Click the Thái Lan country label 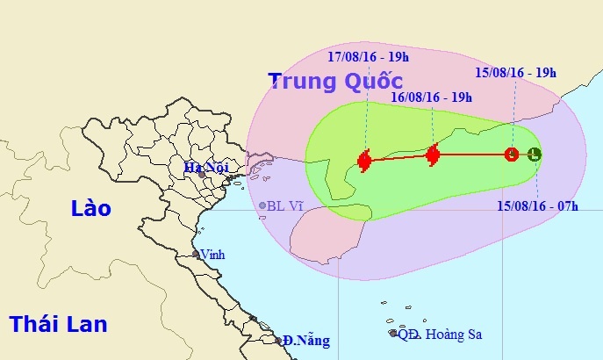pos(58,324)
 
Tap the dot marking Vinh pos(197,255)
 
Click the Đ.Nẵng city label pos(298,340)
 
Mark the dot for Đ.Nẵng pos(278,339)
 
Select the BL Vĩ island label pos(284,206)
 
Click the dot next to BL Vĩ pos(262,206)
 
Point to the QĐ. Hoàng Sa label pos(440,335)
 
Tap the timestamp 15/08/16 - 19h pos(515,73)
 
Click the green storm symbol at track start pos(535,155)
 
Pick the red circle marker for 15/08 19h pos(512,155)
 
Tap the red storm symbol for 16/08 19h pos(432,156)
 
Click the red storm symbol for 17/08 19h pos(365,160)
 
